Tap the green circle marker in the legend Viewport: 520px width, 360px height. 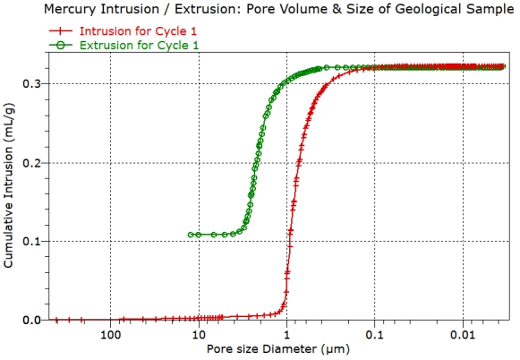click(x=61, y=44)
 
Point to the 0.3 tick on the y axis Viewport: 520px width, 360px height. click(x=30, y=83)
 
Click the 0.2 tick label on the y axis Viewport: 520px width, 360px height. click(x=30, y=162)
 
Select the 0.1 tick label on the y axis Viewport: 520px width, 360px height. click(x=30, y=241)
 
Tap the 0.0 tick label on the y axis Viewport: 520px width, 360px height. click(x=30, y=320)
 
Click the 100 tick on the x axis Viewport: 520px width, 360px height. click(x=110, y=335)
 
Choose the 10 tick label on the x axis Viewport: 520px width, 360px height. click(x=198, y=335)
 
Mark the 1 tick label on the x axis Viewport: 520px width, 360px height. click(x=286, y=335)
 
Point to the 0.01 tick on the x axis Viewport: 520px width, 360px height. click(x=462, y=335)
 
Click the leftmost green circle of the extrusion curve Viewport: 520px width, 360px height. click(x=191, y=235)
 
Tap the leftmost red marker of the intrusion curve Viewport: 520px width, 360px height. click(x=56, y=320)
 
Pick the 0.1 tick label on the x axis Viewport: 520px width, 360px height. click(x=374, y=335)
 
